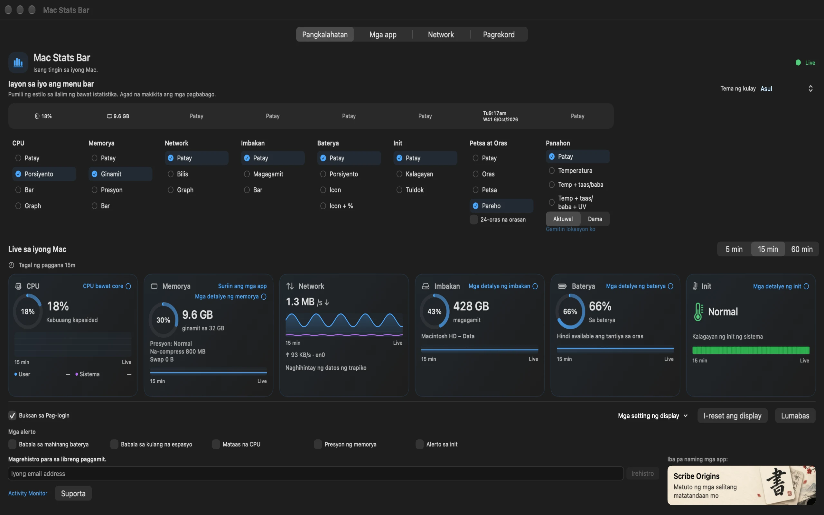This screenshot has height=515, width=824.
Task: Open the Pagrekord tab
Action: [x=499, y=34]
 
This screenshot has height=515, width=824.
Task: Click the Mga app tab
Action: [x=383, y=34]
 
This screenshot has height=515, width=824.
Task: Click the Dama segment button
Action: [x=595, y=219]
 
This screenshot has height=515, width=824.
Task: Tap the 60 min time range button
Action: [x=801, y=249]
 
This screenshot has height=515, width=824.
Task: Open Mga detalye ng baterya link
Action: [x=636, y=286]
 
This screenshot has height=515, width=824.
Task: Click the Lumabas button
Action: [x=795, y=416]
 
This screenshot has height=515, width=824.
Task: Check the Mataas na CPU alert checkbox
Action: [x=216, y=444]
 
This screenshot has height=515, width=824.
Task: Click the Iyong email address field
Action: [x=316, y=473]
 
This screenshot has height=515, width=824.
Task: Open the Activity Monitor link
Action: [x=28, y=493]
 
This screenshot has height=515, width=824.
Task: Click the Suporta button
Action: [x=73, y=493]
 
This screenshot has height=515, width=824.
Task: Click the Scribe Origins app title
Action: [x=696, y=476]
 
